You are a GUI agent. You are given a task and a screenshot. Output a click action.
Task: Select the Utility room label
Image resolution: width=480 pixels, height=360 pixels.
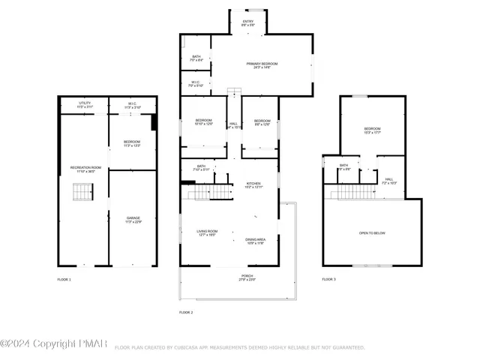click(x=85, y=104)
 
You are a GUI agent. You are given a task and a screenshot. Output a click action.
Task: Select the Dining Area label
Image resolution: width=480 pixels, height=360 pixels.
click(x=255, y=241)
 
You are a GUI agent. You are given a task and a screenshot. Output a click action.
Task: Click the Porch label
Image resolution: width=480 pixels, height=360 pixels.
click(x=247, y=277)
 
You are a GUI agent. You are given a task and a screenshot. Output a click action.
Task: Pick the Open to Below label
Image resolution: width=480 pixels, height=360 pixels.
click(x=372, y=233)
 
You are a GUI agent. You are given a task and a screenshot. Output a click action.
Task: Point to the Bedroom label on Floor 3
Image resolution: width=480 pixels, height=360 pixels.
click(x=373, y=130)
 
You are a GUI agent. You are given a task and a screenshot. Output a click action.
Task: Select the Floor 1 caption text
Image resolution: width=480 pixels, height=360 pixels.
click(x=64, y=279)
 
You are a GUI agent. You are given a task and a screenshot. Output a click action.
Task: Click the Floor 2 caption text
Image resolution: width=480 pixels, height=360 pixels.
click(x=186, y=311)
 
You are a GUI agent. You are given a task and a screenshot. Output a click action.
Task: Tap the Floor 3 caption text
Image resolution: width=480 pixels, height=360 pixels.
click(x=329, y=279)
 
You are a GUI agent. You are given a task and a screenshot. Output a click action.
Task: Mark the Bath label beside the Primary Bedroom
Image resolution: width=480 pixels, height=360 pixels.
click(x=196, y=58)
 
